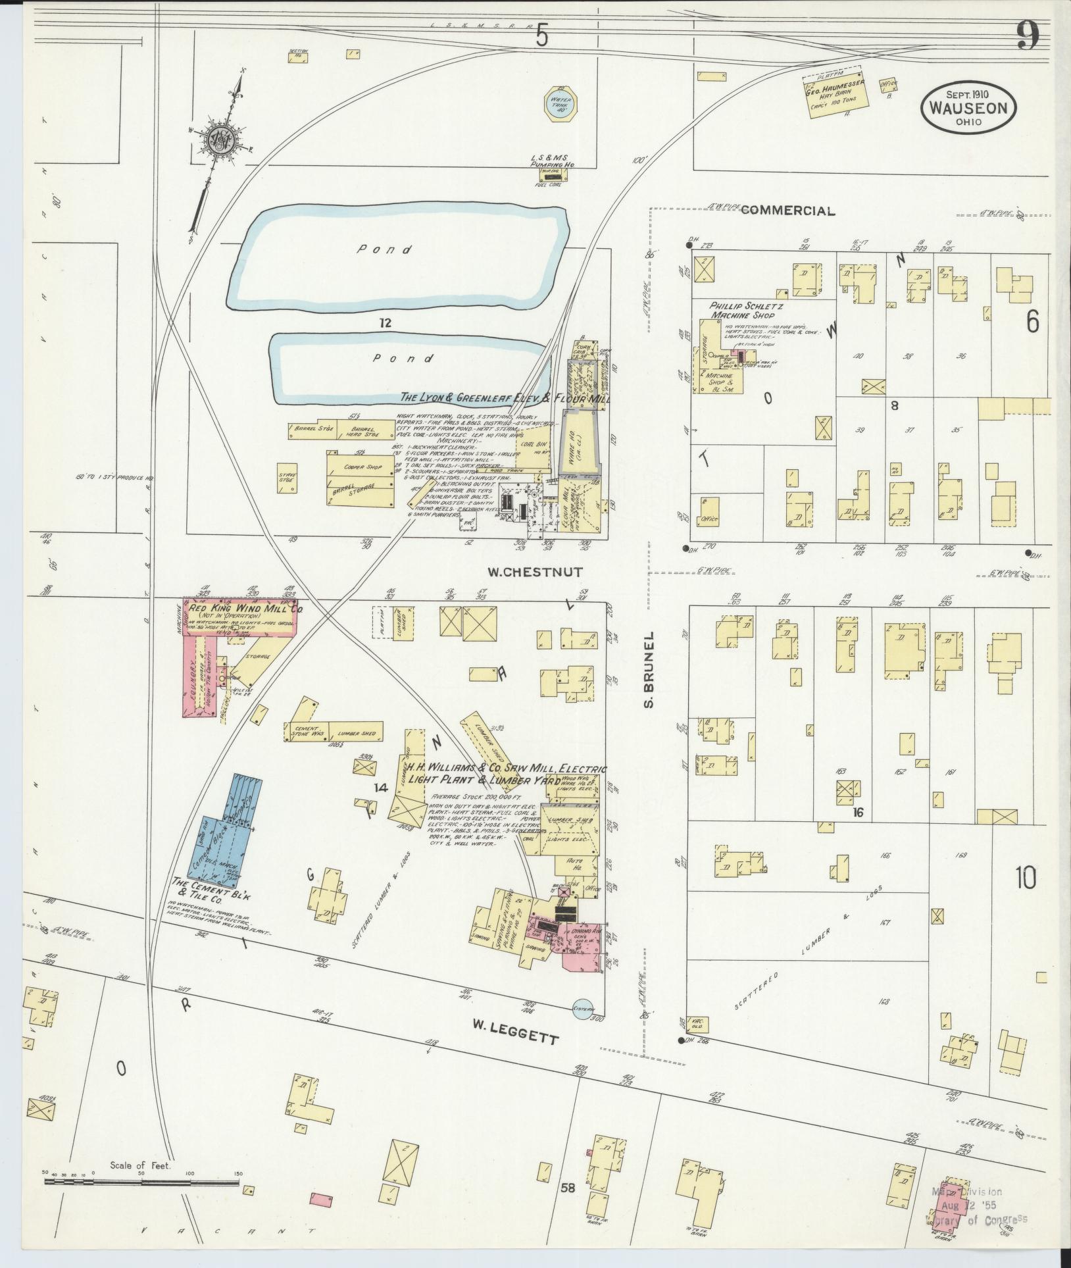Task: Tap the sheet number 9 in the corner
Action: (1027, 36)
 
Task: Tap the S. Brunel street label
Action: (649, 671)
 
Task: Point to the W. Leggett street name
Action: (514, 1040)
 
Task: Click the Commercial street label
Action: (787, 211)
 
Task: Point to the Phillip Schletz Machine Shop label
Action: (741, 311)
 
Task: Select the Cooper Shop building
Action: (363, 467)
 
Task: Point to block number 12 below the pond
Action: (385, 322)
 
